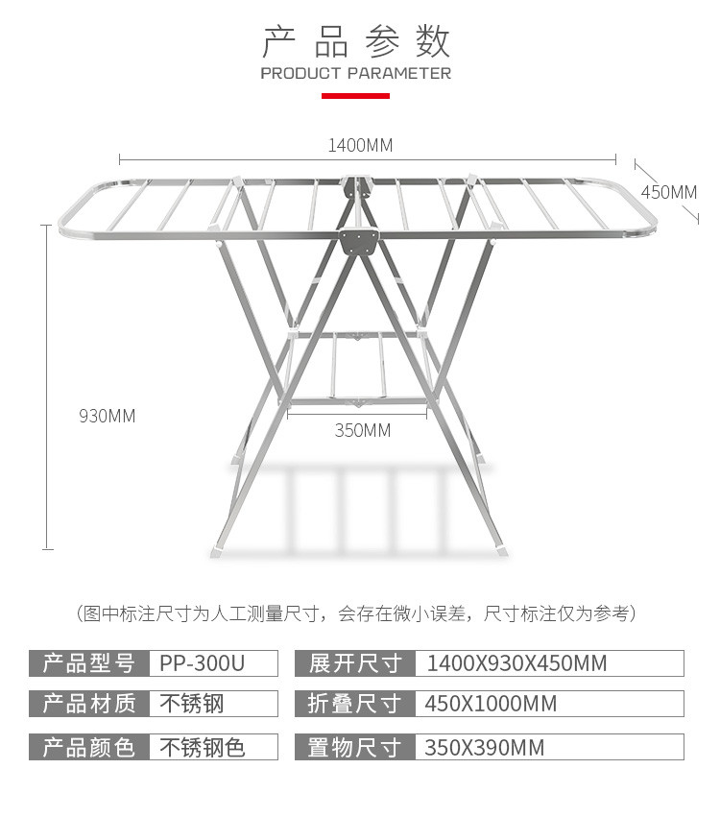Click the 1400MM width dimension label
tap(360, 146)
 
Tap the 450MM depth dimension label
tap(668, 192)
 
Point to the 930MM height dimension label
tap(107, 416)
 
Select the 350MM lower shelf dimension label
tap(363, 430)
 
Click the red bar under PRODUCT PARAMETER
tap(355, 96)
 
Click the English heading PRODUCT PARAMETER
tap(355, 73)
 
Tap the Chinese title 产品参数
tap(356, 42)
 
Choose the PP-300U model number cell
tap(212, 663)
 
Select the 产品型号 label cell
tap(88, 663)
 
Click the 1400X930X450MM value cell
tap(547, 663)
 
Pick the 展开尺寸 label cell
tap(355, 663)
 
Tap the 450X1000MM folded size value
tap(547, 704)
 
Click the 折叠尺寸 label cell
tap(355, 704)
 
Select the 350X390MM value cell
tap(547, 747)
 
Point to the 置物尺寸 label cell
tap(355, 747)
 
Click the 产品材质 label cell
tap(88, 704)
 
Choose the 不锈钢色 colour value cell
tap(212, 747)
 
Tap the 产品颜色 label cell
tap(88, 747)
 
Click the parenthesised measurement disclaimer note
tap(355, 613)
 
